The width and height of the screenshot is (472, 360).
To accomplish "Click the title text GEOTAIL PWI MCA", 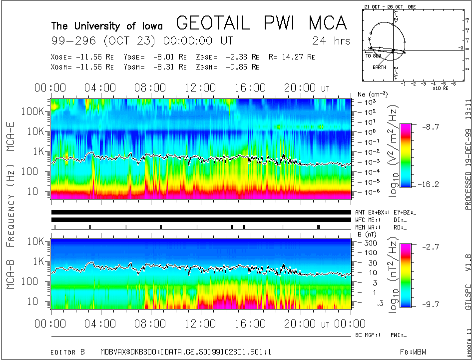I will tap(261, 23).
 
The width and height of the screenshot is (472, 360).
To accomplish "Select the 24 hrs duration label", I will tap(331, 40).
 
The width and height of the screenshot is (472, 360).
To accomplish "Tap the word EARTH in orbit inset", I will tap(379, 67).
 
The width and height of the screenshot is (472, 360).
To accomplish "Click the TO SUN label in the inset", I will tap(374, 56).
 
